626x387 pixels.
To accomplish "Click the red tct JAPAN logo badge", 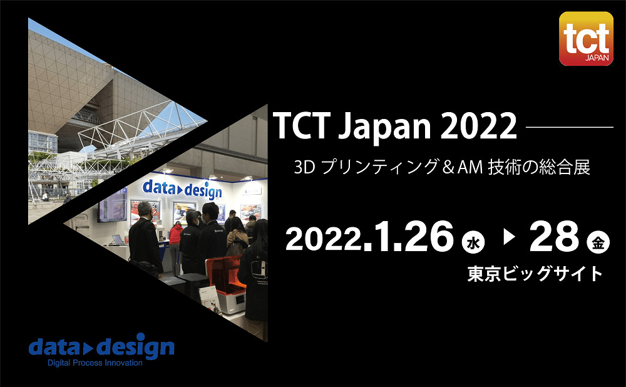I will click(586, 39).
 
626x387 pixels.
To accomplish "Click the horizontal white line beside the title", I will click(570, 128).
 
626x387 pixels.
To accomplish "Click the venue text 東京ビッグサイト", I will click(535, 274).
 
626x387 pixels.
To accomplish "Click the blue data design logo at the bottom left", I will click(101, 345).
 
